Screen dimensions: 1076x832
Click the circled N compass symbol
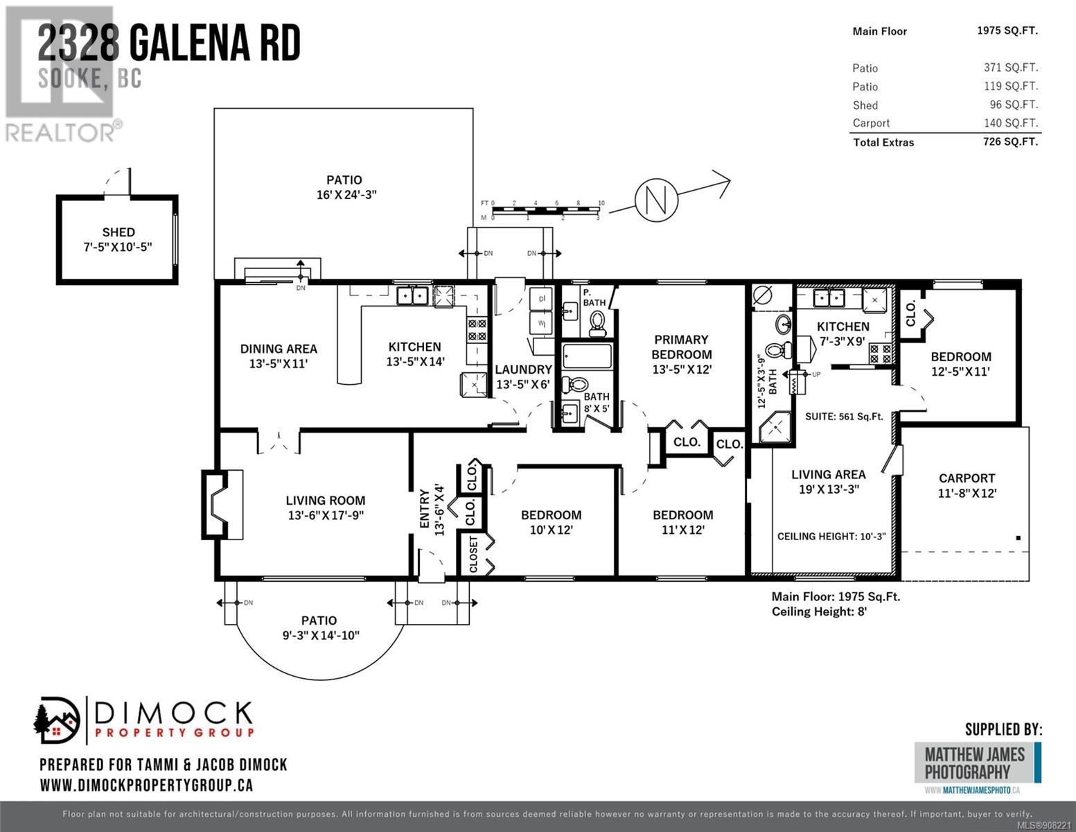(656, 200)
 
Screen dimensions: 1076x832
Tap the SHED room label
(118, 232)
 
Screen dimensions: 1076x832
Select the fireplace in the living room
(222, 504)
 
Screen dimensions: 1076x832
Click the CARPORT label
(967, 478)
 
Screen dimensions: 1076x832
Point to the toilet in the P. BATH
(597, 324)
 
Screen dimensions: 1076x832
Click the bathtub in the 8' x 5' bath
(588, 356)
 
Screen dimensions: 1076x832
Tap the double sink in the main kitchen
(412, 296)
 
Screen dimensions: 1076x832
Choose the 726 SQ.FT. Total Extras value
(1011, 141)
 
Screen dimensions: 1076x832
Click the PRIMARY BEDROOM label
(681, 347)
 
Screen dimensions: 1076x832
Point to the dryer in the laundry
(540, 299)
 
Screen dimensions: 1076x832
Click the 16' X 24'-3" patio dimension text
(346, 195)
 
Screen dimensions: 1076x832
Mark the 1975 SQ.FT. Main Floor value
(1007, 31)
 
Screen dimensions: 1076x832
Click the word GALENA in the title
(190, 44)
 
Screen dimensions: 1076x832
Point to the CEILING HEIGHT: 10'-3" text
(831, 536)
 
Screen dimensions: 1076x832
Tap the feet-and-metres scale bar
(546, 210)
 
